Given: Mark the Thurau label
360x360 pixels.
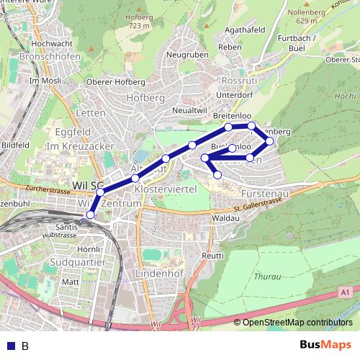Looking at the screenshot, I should coord(268,276).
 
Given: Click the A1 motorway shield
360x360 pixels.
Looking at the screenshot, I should coord(346,292).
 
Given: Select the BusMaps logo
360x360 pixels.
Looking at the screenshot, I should coord(325,345).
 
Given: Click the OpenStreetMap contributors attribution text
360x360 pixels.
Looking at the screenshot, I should coord(297,323).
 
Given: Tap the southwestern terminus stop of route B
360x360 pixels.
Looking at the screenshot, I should coord(90,215).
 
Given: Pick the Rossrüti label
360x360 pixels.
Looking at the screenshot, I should coord(238,81).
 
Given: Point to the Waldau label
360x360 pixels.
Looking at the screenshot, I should coord(225,217).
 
